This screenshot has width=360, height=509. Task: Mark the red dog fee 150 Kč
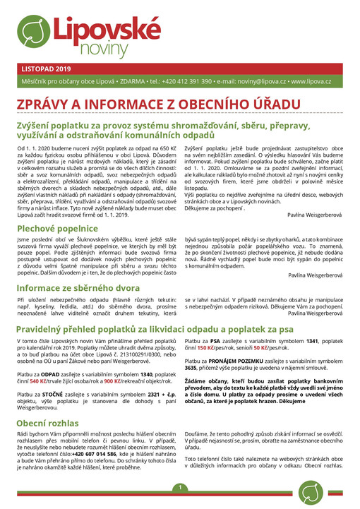[x=207, y=348]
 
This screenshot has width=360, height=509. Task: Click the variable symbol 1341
[x=307, y=341]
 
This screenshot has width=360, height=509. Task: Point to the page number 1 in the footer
[x=180, y=487]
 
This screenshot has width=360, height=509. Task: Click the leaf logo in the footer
[x=311, y=493]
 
